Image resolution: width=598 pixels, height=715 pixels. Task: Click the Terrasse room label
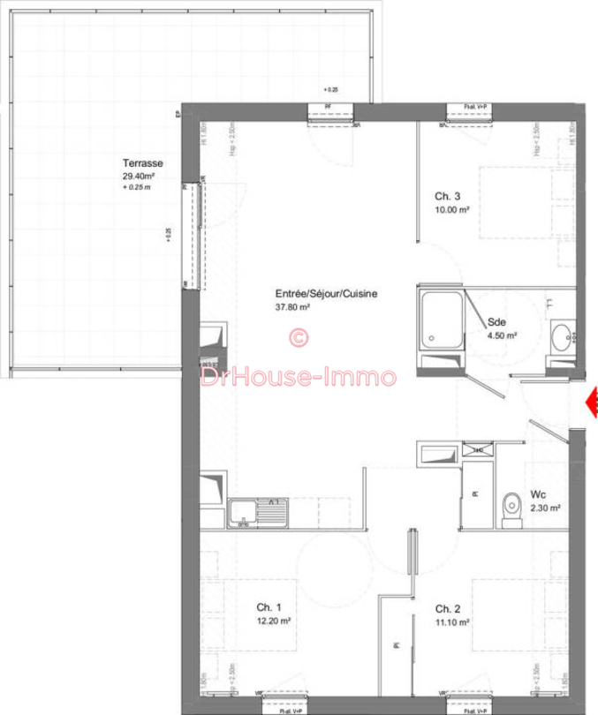(143, 163)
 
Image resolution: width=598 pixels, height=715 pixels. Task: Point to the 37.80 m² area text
(293, 307)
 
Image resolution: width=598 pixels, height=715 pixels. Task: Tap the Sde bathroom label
(497, 322)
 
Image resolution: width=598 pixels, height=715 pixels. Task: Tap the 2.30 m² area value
(546, 508)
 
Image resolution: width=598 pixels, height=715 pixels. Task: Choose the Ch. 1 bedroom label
(269, 607)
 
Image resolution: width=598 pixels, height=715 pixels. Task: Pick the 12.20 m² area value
(275, 621)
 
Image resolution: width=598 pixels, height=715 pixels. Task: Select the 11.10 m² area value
(451, 621)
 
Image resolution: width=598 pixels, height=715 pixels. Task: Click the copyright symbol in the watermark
(299, 337)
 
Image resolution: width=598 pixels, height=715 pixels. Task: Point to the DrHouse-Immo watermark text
(299, 377)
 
